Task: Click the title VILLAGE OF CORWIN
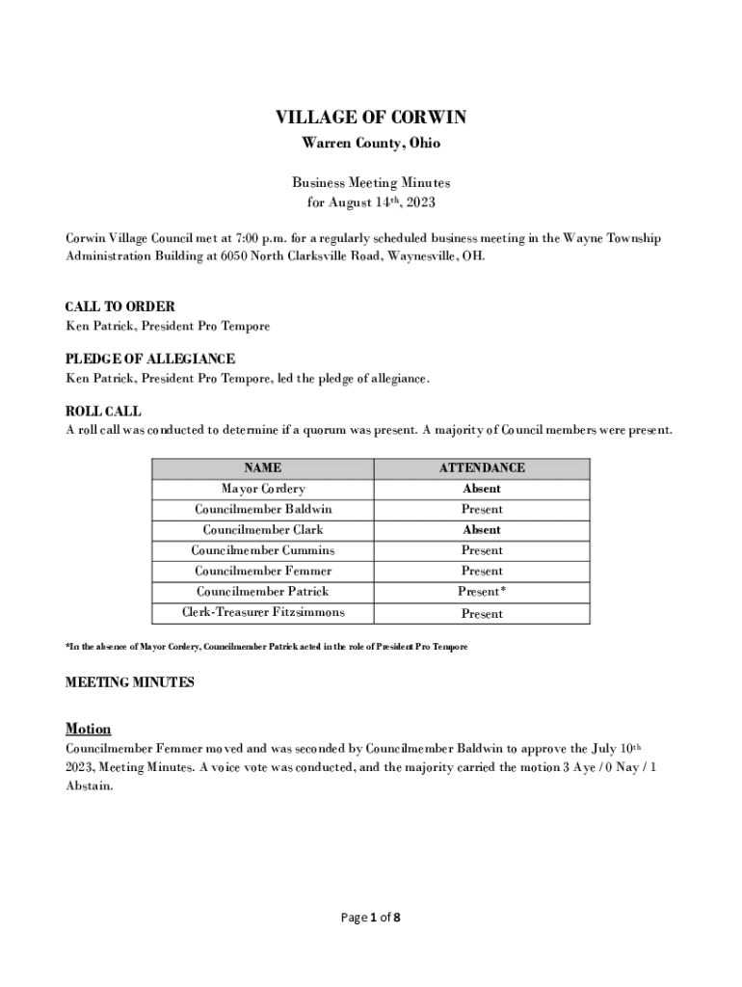[371, 118]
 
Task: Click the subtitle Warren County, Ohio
[371, 144]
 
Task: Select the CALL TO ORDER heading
[119, 307]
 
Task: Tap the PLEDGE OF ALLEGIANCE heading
[149, 360]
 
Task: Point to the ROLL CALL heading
[103, 412]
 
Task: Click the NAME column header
[262, 468]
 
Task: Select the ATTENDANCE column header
[482, 468]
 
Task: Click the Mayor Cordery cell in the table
[262, 489]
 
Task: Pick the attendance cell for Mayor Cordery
[482, 489]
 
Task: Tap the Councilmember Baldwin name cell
[262, 509]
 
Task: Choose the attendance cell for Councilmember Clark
[482, 530]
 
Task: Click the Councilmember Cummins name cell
[262, 550]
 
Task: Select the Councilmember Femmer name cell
[262, 572]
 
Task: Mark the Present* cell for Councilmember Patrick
[482, 592]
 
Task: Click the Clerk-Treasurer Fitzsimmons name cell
[262, 613]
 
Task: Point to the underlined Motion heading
[88, 729]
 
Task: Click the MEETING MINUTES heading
[129, 682]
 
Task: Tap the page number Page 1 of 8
[371, 918]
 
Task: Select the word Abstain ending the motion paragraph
[89, 786]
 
